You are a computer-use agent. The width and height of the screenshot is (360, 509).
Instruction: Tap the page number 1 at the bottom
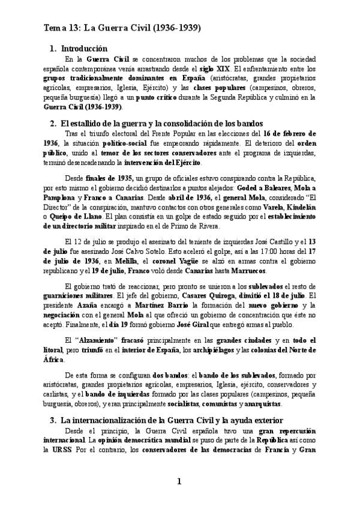click(x=179, y=481)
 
